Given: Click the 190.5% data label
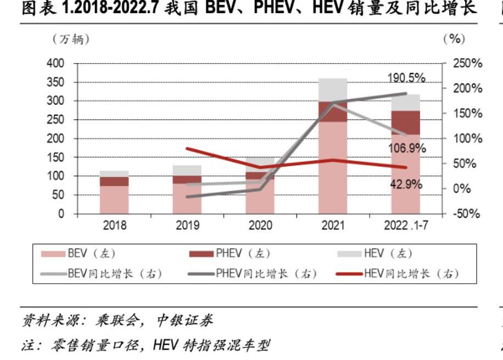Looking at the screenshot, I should (406, 78).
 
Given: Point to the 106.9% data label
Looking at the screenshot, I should (407, 148).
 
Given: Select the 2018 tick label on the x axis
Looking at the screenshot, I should (114, 226).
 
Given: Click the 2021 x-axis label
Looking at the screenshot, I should (333, 226).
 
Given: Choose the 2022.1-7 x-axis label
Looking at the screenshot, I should (406, 226).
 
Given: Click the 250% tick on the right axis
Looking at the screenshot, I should (467, 64).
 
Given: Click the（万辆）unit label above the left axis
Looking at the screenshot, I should (71, 40).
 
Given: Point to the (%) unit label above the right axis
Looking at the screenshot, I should (454, 40).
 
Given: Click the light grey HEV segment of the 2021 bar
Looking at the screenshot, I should (333, 90).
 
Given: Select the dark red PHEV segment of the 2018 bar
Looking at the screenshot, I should (114, 181).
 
